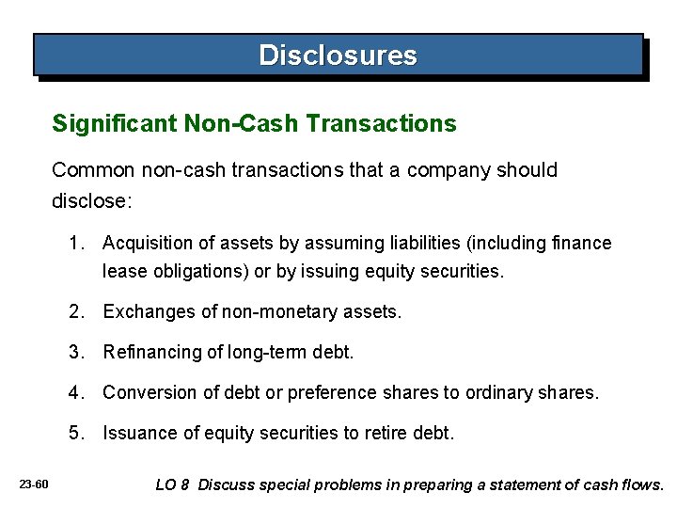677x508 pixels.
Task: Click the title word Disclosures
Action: (338, 55)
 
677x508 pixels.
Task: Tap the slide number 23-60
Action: (34, 485)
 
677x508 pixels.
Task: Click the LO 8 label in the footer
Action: (173, 485)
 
